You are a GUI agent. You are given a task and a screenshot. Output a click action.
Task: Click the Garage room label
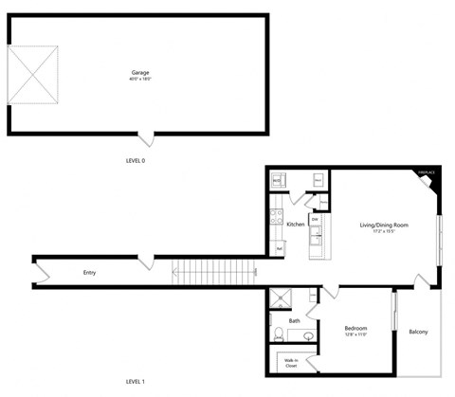point(139,71)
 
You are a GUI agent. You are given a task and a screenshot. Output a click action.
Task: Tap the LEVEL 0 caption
point(135,161)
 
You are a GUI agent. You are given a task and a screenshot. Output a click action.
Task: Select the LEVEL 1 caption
point(135,381)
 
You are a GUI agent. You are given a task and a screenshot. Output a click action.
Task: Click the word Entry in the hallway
point(89,273)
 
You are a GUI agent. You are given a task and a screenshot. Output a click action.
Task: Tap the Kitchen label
point(295,224)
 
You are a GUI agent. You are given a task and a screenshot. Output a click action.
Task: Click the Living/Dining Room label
point(384,224)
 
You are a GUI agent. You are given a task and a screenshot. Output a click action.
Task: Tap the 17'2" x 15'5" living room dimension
point(384,231)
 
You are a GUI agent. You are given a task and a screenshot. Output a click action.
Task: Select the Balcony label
point(418,332)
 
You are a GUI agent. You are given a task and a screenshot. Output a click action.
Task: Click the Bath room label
point(295,320)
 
